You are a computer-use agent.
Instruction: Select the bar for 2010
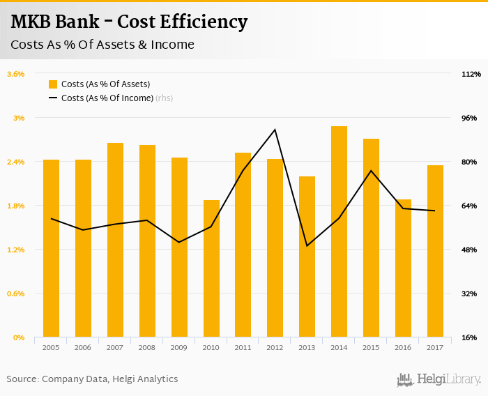(x=211, y=268)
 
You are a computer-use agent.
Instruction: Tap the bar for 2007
(x=115, y=240)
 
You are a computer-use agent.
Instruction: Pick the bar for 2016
(x=403, y=268)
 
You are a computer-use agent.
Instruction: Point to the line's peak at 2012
(x=275, y=130)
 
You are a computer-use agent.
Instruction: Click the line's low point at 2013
(x=307, y=246)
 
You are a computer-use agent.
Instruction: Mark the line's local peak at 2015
(x=371, y=171)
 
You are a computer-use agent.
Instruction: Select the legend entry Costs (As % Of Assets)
(x=105, y=84)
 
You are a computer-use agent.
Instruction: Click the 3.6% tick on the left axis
(x=15, y=74)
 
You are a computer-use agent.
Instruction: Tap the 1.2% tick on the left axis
(x=15, y=250)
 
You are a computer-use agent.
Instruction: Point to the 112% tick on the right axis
(x=471, y=74)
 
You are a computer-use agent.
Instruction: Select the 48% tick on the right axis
(x=469, y=250)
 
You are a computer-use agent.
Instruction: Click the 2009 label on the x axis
(x=179, y=347)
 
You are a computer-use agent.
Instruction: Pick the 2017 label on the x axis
(x=435, y=347)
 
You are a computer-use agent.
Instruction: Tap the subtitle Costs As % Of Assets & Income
(x=102, y=45)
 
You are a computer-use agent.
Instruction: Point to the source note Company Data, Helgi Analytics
(x=110, y=379)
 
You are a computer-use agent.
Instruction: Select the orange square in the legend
(x=53, y=84)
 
